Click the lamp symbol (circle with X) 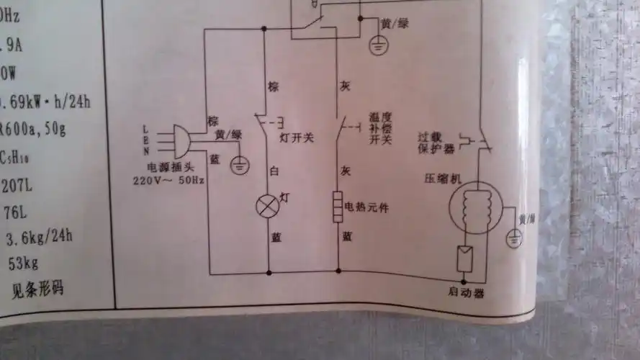tap(268, 207)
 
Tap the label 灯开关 tap(296, 137)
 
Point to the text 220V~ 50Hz tap(169, 180)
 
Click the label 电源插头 tap(169, 168)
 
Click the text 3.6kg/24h tap(40, 237)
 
